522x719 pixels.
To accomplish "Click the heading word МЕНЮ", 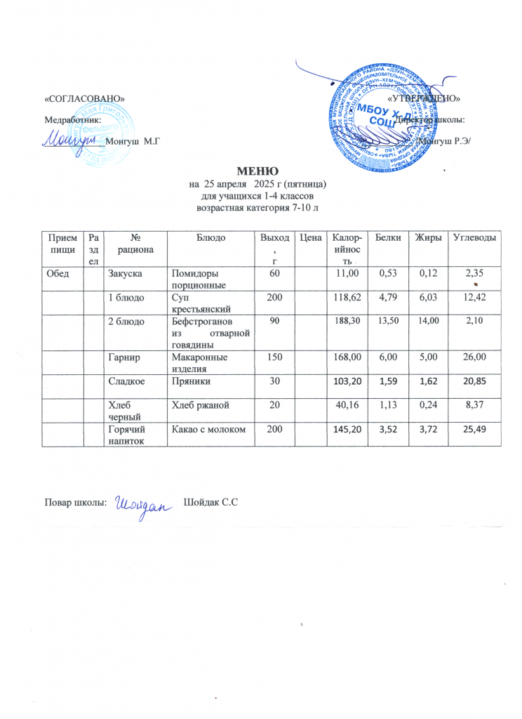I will [x=260, y=171].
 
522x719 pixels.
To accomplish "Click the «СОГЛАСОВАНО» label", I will [x=85, y=98].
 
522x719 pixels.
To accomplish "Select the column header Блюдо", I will [x=210, y=239].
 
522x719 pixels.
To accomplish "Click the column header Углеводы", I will [x=474, y=239].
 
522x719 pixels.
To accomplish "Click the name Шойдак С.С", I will [x=211, y=503].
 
